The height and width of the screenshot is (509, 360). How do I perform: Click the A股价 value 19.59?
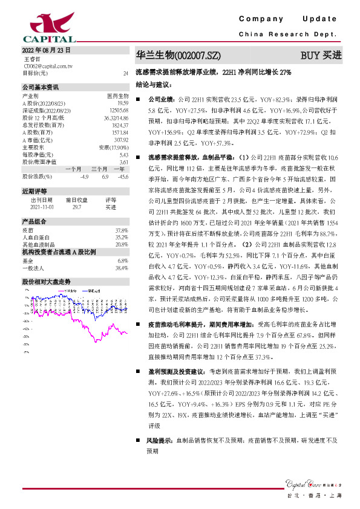[x=123, y=103]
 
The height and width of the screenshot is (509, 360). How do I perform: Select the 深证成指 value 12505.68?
[x=120, y=110]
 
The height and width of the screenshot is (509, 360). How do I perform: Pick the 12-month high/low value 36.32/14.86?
[x=117, y=118]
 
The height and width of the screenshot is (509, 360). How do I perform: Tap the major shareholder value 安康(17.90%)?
[x=114, y=147]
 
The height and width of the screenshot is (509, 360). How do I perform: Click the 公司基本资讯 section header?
[x=41, y=87]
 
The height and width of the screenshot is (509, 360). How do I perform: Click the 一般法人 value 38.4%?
[x=122, y=267]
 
